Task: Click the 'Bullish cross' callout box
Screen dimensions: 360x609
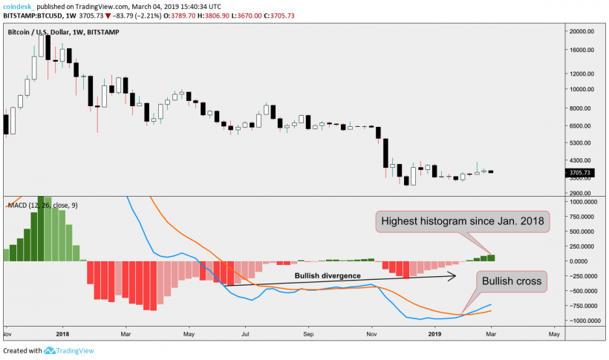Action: tap(512, 281)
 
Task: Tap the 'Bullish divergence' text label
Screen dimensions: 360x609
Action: tap(328, 275)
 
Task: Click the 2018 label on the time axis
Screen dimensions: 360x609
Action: tap(62, 334)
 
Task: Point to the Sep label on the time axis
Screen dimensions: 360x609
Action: tap(308, 334)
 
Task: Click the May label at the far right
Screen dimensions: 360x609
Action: tap(553, 334)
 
